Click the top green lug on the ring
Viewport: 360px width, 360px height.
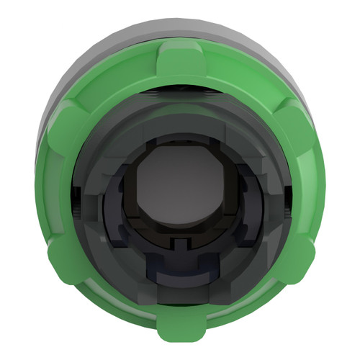[x=180, y=60]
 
